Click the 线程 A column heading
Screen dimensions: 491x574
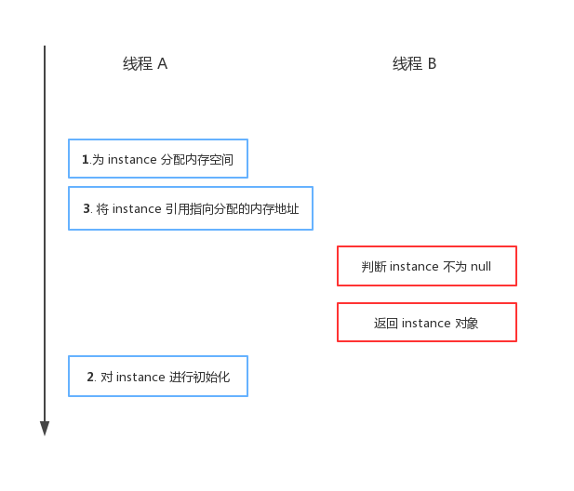pyautogui.click(x=145, y=64)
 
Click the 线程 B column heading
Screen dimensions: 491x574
pyautogui.click(x=414, y=64)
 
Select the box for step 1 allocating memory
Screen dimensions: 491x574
pyautogui.click(x=158, y=159)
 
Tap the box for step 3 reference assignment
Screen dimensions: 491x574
pyautogui.click(x=191, y=208)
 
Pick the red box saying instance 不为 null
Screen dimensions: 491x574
pyautogui.click(x=426, y=266)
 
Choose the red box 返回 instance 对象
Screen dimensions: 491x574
pyautogui.click(x=426, y=323)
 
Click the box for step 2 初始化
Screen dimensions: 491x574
pyautogui.click(x=158, y=377)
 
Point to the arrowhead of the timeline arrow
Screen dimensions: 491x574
pyautogui.click(x=45, y=429)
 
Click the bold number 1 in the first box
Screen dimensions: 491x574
pyautogui.click(x=86, y=160)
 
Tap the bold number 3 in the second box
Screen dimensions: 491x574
pyautogui.click(x=87, y=209)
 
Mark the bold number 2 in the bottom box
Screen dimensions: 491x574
pyautogui.click(x=90, y=378)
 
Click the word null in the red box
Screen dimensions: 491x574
pyautogui.click(x=480, y=267)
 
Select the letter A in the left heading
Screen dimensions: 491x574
pyautogui.click(x=162, y=64)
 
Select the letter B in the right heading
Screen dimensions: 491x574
pyautogui.click(x=432, y=64)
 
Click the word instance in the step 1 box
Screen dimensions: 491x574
pyautogui.click(x=132, y=160)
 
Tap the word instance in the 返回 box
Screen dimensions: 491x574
pyautogui.click(x=426, y=324)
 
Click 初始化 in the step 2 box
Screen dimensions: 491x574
pyautogui.click(x=213, y=378)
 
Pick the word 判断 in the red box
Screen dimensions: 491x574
pyautogui.click(x=374, y=267)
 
